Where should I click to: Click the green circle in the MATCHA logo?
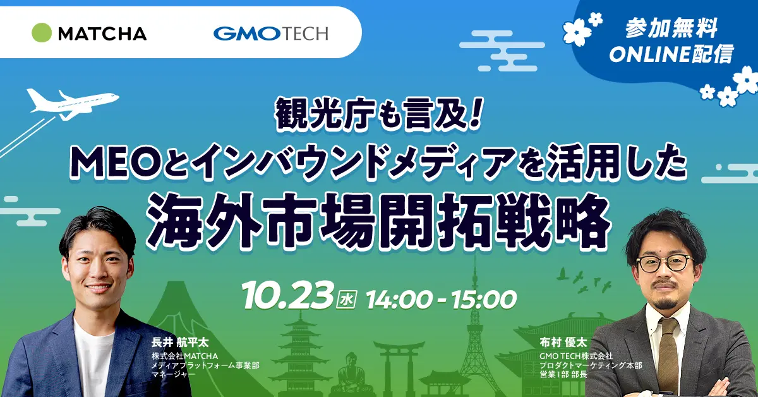pyautogui.click(x=42, y=33)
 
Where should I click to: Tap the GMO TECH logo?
pyautogui.click(x=270, y=34)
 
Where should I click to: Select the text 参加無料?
pyautogui.click(x=671, y=29)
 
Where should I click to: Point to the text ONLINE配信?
pyautogui.click(x=671, y=54)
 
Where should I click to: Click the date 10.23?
pyautogui.click(x=288, y=295)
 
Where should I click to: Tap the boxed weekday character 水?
pyautogui.click(x=347, y=300)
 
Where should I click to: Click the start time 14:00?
pyautogui.click(x=400, y=300)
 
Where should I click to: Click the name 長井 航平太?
pyautogui.click(x=179, y=342)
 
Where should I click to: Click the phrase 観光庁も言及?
pyautogui.click(x=378, y=115)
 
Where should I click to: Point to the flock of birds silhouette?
pyautogui.click(x=584, y=281)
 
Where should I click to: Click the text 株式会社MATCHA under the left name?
pyautogui.click(x=184, y=357)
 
